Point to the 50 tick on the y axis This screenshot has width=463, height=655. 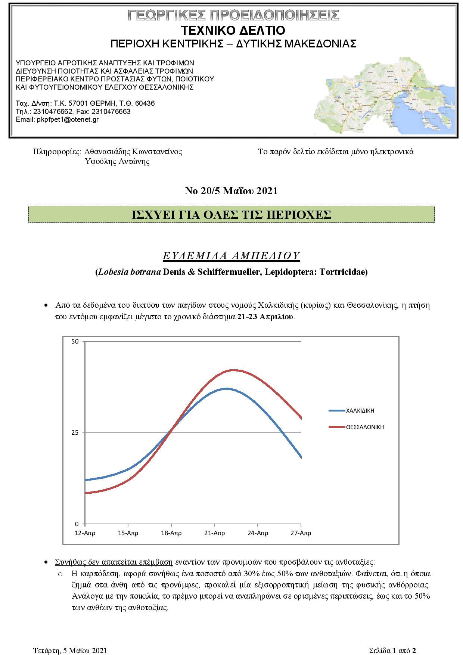coord(75,342)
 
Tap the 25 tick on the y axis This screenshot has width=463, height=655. coord(75,433)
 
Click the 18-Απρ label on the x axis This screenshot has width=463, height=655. coord(171,533)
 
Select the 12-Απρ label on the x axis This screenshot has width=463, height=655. coord(85,533)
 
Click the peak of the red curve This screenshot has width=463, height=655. coord(233,370)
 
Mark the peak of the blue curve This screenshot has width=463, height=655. coord(227,389)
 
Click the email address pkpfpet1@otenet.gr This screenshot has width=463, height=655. coord(68,119)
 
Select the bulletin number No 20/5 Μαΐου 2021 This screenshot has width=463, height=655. coord(231,191)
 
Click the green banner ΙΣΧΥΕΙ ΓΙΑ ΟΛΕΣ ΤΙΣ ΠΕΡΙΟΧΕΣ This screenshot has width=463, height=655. coord(232,214)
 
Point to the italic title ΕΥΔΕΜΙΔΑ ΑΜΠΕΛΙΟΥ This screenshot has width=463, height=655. coord(232,256)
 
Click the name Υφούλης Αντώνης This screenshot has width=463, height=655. coord(117,162)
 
